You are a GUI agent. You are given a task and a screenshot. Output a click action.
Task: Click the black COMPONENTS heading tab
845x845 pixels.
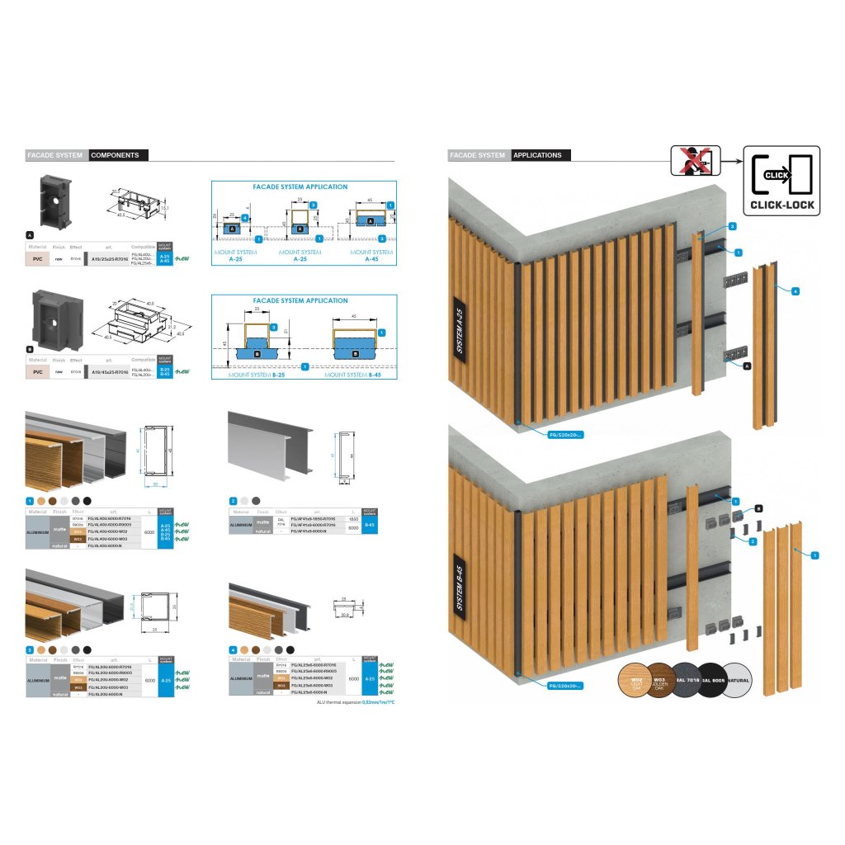(x=119, y=155)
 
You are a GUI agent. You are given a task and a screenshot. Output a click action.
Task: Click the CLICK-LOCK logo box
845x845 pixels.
(x=781, y=181)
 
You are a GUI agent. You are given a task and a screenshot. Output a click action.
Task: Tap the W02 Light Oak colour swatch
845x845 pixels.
(x=635, y=682)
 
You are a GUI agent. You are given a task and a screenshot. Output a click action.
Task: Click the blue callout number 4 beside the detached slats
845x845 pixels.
(x=795, y=291)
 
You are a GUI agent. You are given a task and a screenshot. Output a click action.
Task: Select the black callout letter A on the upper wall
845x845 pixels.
(x=747, y=364)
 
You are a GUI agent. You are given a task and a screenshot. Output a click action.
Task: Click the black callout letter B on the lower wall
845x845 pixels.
(x=758, y=509)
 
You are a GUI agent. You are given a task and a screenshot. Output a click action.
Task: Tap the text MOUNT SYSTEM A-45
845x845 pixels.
(x=371, y=255)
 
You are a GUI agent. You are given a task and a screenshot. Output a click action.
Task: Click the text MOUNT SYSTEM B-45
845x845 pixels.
(x=357, y=374)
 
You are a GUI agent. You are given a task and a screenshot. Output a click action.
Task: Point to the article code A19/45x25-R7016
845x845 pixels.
(x=109, y=372)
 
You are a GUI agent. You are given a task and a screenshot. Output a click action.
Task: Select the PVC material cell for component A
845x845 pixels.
(x=38, y=258)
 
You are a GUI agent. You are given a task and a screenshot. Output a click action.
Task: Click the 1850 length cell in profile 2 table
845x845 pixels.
(x=352, y=517)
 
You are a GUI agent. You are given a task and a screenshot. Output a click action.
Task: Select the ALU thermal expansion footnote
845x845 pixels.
(x=356, y=702)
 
